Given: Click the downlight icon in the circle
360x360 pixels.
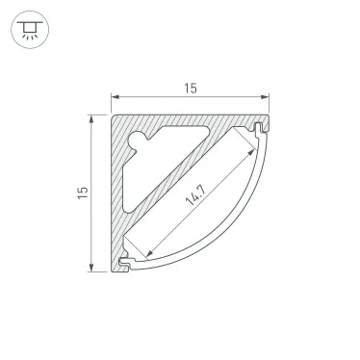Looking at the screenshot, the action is (x=30, y=30).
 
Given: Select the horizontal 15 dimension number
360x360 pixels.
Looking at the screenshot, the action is (x=191, y=89).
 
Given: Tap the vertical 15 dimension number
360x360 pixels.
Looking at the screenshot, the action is (x=83, y=193).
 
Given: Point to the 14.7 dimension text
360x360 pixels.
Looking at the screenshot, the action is (x=195, y=195).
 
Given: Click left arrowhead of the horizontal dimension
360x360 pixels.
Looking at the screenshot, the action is (x=115, y=96).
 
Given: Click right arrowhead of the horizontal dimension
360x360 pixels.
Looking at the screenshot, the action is (x=265, y=96).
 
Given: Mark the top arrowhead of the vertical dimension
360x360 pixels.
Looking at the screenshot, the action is (x=91, y=118).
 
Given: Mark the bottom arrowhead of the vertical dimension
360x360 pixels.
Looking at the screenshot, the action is (x=91, y=268).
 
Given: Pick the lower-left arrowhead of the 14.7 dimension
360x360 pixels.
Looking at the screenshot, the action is (x=149, y=254).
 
